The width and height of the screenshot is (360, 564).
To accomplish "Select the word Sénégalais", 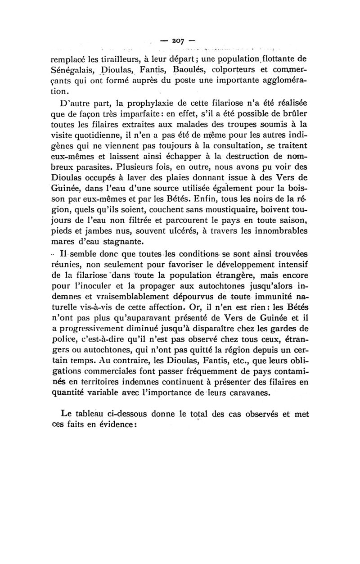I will pos(75,70).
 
